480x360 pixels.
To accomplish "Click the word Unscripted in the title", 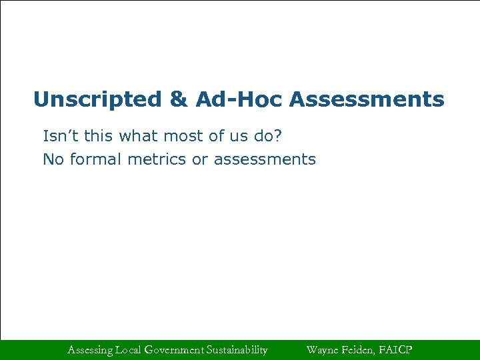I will pos(97,100).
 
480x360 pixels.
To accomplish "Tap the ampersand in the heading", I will pos(179,100).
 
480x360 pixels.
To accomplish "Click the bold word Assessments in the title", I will pos(367,100).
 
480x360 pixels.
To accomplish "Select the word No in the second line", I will pos(52,160).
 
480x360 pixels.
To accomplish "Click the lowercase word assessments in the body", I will pos(265,160).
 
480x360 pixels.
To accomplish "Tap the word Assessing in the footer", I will pos(90,349).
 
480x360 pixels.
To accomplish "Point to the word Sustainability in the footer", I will pos(237,349).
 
